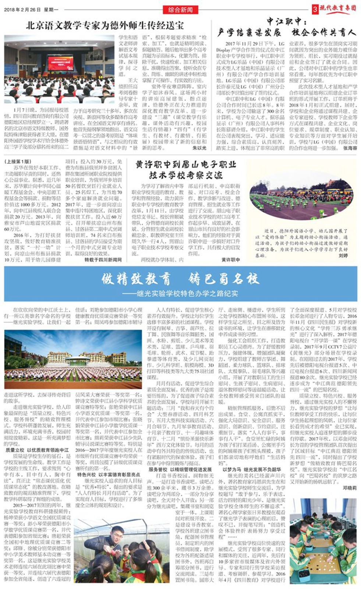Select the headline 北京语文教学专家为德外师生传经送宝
coord(105,25)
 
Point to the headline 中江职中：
coord(287,21)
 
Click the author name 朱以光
coord(199,148)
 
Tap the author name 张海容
coord(350,148)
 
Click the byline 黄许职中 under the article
coord(231,260)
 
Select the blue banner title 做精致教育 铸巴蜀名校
coord(180,279)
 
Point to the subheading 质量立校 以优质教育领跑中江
coord(37,450)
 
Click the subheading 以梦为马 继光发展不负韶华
coord(252,469)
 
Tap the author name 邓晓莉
coord(349,488)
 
